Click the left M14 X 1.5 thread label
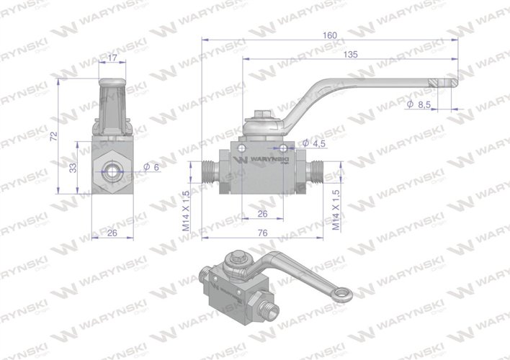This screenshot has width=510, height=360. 186,210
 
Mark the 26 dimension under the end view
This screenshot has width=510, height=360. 112,233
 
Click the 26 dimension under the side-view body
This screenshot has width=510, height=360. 263,213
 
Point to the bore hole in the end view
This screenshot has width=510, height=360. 112,173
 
